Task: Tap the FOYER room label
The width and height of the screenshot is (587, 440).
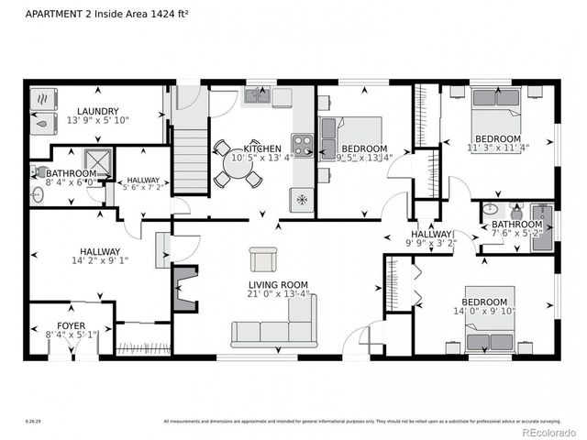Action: [71, 324]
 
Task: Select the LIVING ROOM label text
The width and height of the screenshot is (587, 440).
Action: [277, 284]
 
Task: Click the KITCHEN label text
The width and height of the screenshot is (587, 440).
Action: [261, 148]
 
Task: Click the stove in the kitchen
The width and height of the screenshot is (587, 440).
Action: [302, 144]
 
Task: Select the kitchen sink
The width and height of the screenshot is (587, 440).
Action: [256, 96]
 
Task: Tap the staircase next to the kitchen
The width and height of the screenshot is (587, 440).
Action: [187, 161]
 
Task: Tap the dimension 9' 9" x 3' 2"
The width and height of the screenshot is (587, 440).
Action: [431, 245]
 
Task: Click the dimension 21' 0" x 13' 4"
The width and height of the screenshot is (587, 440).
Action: [277, 295]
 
